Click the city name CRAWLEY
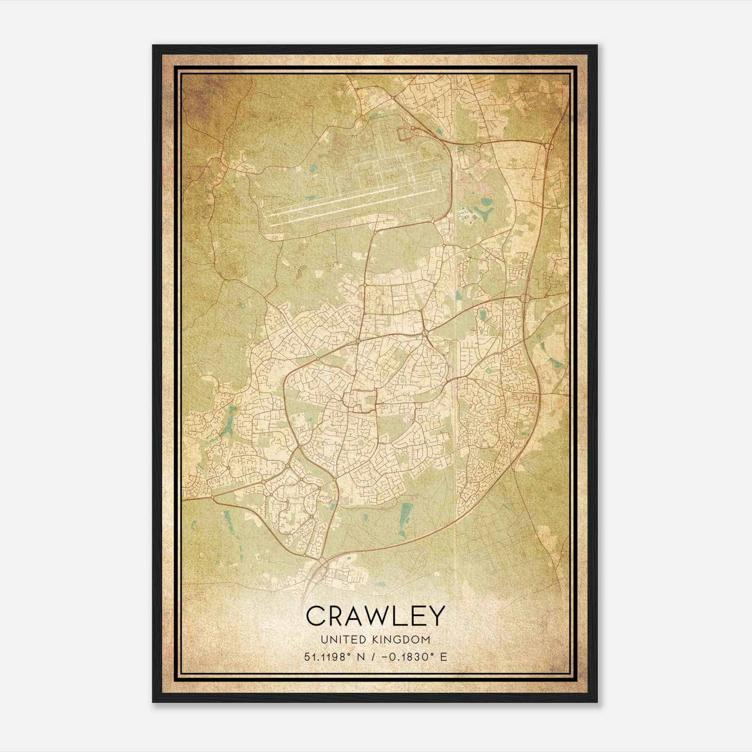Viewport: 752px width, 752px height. coord(375,616)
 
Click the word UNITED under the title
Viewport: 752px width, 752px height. coord(342,640)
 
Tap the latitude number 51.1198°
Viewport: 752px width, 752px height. coord(328,657)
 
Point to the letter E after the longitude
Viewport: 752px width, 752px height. coord(444,657)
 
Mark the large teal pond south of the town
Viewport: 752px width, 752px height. coord(407,512)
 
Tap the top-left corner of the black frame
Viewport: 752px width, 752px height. coord(153,46)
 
